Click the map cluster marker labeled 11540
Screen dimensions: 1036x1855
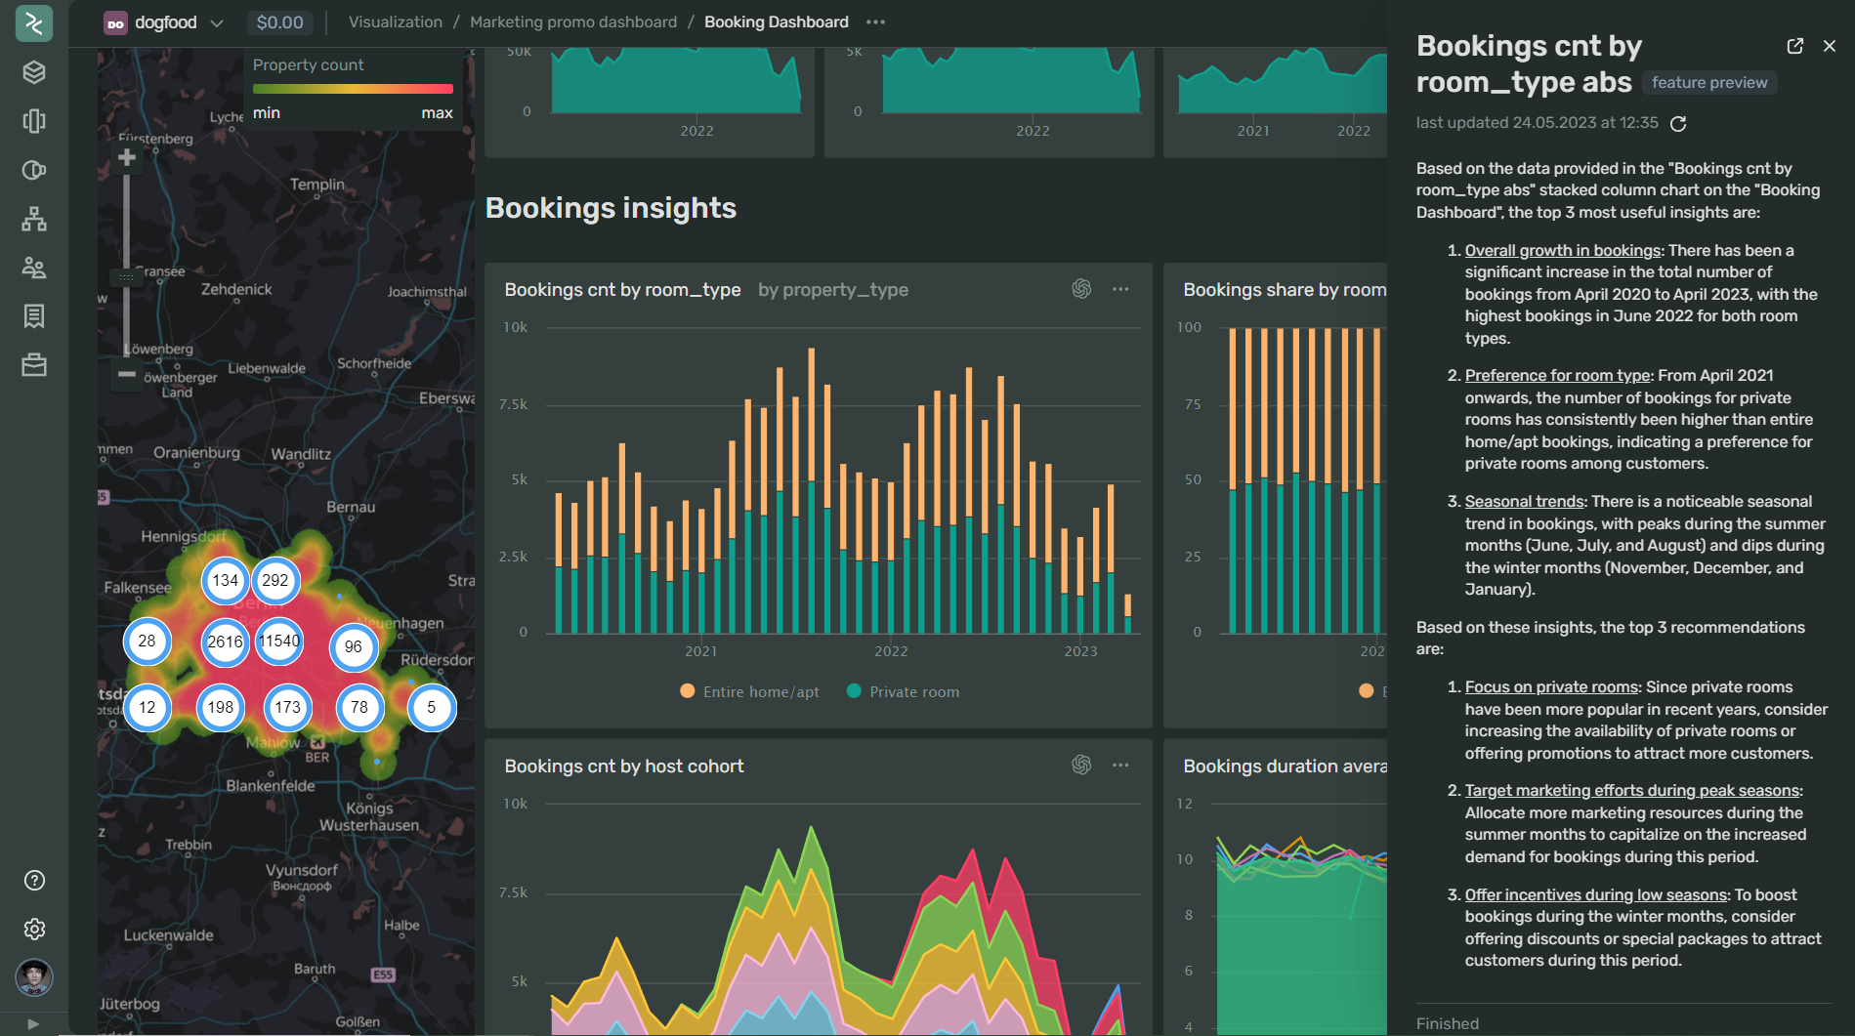279,642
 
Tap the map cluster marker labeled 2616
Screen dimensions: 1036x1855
225,642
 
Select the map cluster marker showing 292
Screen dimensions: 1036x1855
275,581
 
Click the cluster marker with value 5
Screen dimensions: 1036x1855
431,708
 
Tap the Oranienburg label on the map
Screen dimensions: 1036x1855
196,453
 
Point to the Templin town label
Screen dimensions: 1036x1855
317,185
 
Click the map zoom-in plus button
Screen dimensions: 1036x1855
127,158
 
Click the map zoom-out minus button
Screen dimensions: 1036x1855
127,374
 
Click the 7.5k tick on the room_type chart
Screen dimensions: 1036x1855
514,404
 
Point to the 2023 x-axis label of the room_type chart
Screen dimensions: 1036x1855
1080,651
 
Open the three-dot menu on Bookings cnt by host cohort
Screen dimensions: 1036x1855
1120,766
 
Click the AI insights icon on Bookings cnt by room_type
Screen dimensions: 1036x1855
1081,289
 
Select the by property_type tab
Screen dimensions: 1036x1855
833,290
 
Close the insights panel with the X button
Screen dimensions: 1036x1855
1830,46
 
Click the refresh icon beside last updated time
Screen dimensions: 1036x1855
1678,124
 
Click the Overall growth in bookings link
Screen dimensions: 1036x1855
1562,251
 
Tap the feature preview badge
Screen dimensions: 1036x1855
1709,83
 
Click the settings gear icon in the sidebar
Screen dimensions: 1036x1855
34,929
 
